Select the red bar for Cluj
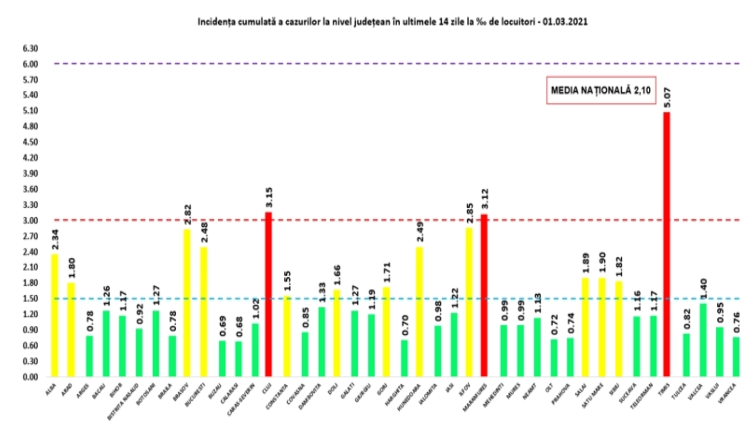268,295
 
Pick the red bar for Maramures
484,296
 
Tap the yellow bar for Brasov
187,303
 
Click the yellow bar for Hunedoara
419,312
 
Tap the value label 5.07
667,97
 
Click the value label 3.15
269,197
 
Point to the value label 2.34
55,239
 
